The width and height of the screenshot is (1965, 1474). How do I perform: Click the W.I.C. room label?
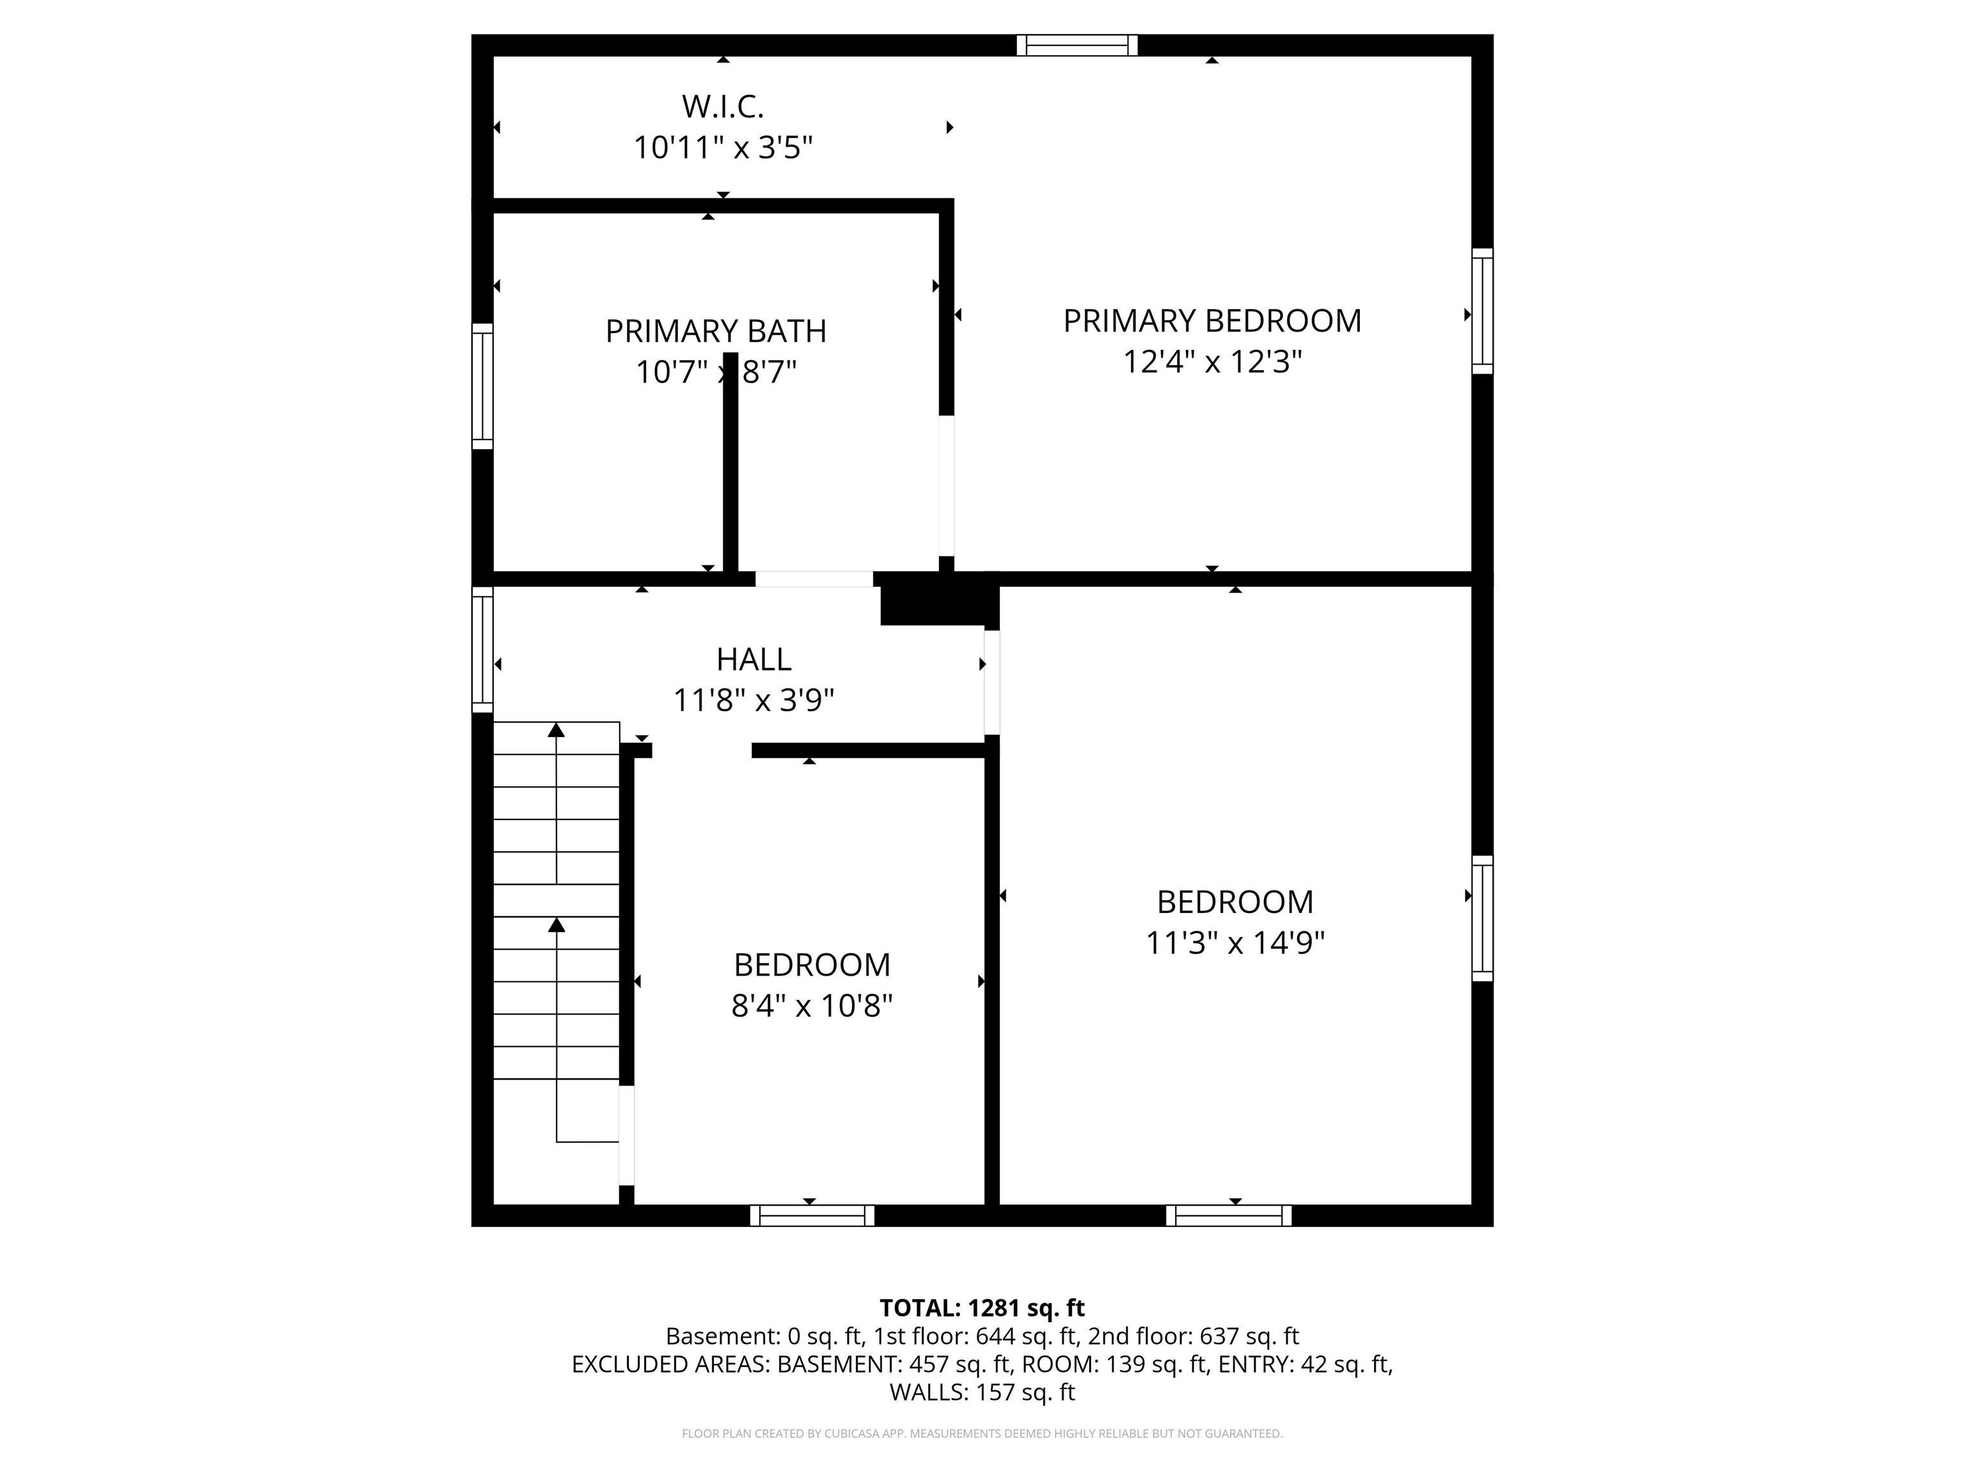[x=722, y=107]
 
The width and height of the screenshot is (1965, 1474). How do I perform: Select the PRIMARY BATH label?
[x=715, y=331]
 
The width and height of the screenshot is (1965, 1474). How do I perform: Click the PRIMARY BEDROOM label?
[x=1211, y=321]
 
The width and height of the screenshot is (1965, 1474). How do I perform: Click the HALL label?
[x=754, y=659]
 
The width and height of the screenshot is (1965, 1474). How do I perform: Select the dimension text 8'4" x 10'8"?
[x=811, y=1006]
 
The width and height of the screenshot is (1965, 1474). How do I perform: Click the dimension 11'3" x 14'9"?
[x=1235, y=943]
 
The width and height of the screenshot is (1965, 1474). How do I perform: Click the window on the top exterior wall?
[x=1077, y=45]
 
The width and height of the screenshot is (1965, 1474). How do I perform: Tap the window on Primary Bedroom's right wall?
[x=1481, y=311]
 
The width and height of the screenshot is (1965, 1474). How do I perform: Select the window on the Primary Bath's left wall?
[x=482, y=386]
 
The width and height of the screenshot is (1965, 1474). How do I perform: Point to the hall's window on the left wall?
[x=482, y=649]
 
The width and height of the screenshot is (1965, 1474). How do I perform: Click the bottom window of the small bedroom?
[x=812, y=1216]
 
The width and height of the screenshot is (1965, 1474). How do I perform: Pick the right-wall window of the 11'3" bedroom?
[x=1481, y=918]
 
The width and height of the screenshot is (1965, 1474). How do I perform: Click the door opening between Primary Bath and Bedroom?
[x=946, y=485]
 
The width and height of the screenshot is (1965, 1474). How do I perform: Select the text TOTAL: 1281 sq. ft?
[x=982, y=1308]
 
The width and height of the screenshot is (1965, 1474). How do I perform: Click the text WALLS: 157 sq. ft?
[x=982, y=1392]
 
